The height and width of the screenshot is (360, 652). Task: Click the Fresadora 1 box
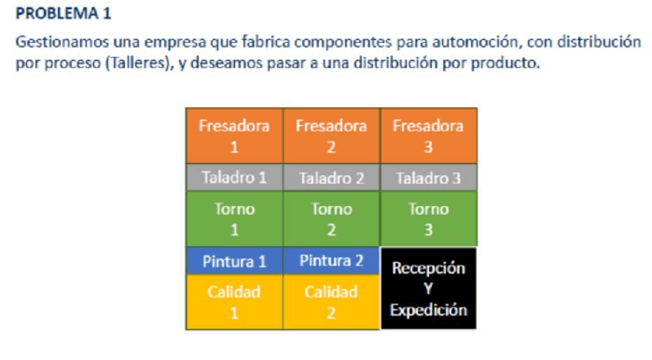point(235,135)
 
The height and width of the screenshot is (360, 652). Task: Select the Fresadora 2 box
point(331,135)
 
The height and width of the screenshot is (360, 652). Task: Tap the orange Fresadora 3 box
point(428,135)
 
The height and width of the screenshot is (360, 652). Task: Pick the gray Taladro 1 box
point(235,177)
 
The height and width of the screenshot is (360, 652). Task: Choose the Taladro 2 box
point(331,177)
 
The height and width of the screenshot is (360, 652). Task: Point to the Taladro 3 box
point(428,177)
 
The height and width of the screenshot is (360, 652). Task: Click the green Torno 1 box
point(235,219)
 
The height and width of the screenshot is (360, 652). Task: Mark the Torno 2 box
point(331,219)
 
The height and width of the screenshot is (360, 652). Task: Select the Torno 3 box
point(428,219)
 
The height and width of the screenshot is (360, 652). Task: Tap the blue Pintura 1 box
point(235,261)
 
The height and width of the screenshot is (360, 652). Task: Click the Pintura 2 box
point(331,261)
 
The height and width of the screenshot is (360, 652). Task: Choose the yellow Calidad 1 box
point(235,302)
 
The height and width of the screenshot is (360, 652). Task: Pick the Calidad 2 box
point(331,302)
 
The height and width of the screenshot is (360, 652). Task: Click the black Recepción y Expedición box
point(428,288)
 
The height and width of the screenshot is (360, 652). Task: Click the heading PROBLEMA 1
point(64,13)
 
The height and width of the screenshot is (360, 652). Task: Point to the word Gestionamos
point(62,42)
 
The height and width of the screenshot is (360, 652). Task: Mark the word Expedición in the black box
point(429,311)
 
